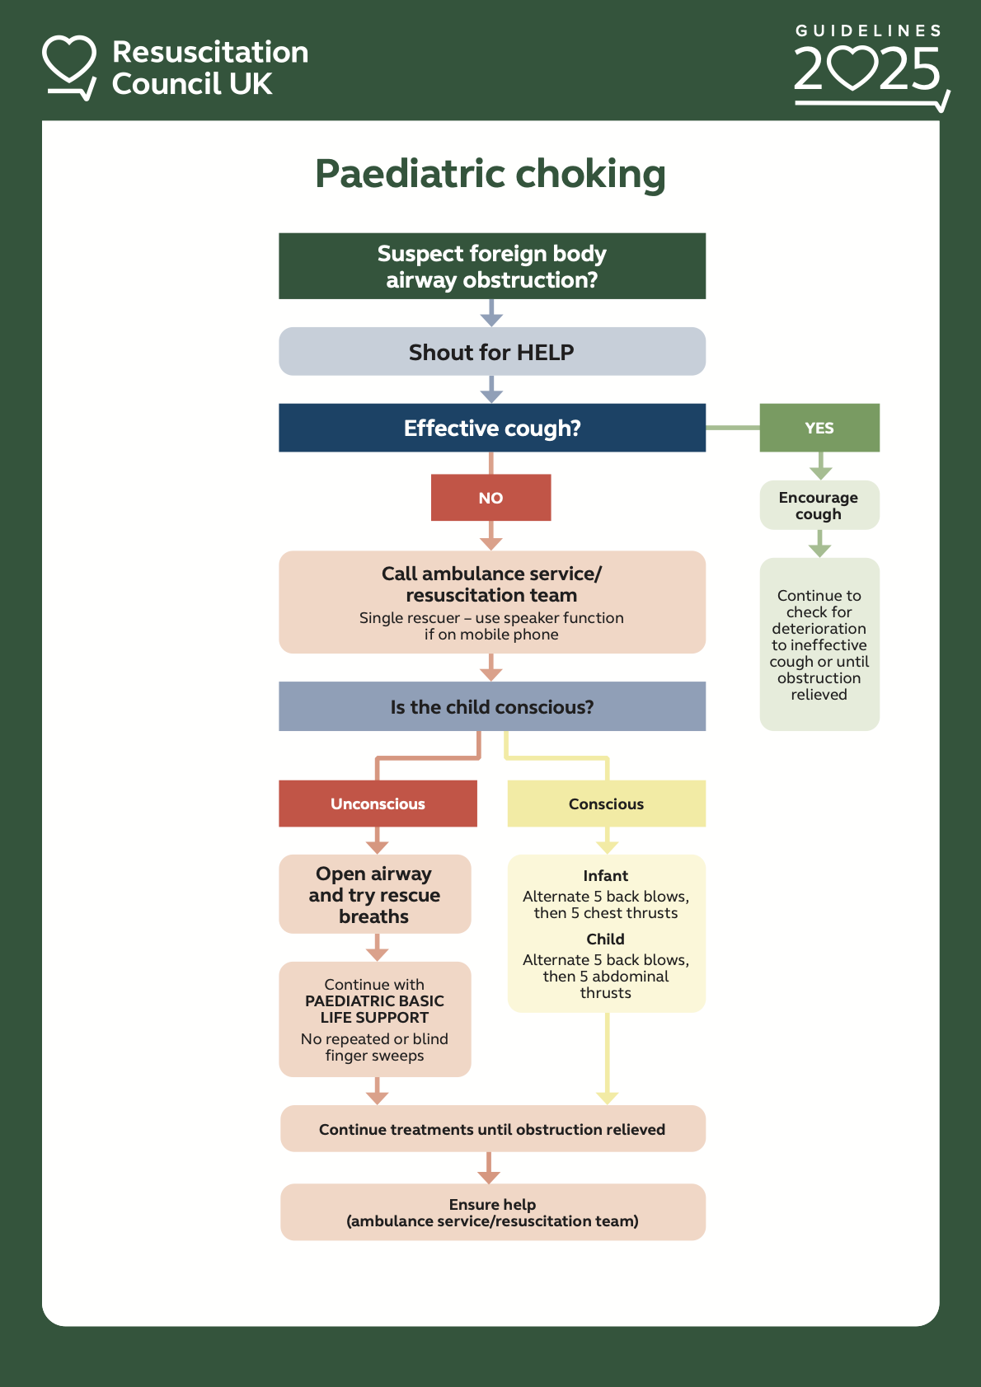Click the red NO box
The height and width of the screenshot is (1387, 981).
pos(490,497)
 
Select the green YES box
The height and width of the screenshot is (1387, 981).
pos(819,428)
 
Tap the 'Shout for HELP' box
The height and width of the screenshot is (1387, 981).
pos(491,352)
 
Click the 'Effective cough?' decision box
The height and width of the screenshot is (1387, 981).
pos(491,428)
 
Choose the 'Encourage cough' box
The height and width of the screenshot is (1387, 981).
pos(819,505)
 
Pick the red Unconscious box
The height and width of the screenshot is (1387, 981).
pos(378,804)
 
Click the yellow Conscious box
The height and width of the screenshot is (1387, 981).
pos(606,804)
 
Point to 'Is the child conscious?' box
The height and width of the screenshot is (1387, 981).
pos(491,706)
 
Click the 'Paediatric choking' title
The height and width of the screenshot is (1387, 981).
pos(490,174)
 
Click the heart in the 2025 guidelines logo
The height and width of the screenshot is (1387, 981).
pos(852,68)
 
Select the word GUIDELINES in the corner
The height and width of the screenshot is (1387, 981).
pos(868,30)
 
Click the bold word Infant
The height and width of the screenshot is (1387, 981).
pos(606,876)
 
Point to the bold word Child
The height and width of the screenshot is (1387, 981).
pos(606,940)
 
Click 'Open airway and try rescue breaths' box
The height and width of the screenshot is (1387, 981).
pos(374,894)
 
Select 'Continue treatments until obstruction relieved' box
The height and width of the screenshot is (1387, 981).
pos(492,1129)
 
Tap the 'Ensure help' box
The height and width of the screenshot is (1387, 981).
pos(492,1212)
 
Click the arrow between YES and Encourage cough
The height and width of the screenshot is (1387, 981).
pos(819,466)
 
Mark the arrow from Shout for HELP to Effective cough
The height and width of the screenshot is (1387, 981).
pos(491,390)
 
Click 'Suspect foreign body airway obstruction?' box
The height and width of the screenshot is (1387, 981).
pos(491,266)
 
